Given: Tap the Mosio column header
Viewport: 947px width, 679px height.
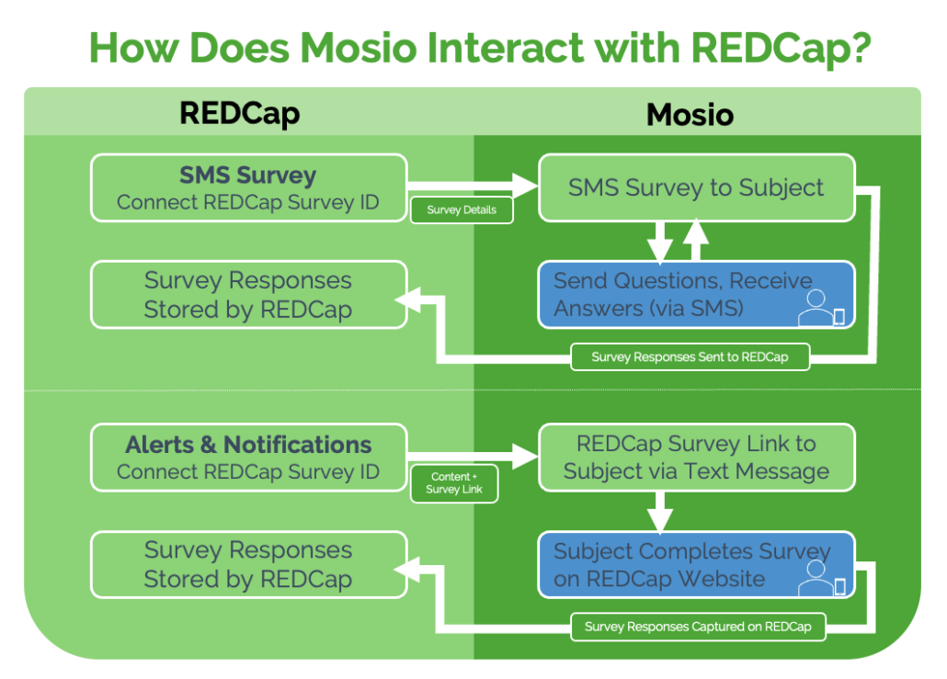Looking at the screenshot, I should (690, 114).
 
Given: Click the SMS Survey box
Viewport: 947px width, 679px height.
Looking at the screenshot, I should (248, 187).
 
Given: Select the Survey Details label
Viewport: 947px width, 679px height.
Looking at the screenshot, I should (462, 209).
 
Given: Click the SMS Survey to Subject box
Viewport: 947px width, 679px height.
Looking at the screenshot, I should (696, 187).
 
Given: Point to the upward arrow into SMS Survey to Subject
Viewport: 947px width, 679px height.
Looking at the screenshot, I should (696, 238).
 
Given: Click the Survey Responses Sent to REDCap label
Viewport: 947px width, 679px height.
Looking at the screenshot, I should (690, 356).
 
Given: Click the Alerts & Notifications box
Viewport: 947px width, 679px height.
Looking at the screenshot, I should (248, 457).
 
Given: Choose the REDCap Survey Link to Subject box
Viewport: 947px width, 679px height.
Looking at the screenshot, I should (696, 457).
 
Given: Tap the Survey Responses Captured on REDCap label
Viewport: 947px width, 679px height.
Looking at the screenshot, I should (698, 628).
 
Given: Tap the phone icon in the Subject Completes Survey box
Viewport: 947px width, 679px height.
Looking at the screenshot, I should (839, 586).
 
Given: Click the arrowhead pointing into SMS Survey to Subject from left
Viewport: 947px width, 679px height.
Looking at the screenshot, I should (526, 187).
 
